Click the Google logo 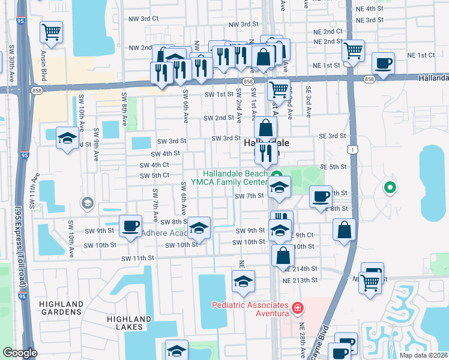point(20,353)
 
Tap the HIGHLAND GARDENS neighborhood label point(61,308)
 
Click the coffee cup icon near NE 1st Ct point(383,62)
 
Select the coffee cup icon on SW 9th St point(130,226)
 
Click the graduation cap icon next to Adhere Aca point(199,227)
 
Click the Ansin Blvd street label point(44,66)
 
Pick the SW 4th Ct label point(154,165)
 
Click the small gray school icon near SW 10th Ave point(88,203)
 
